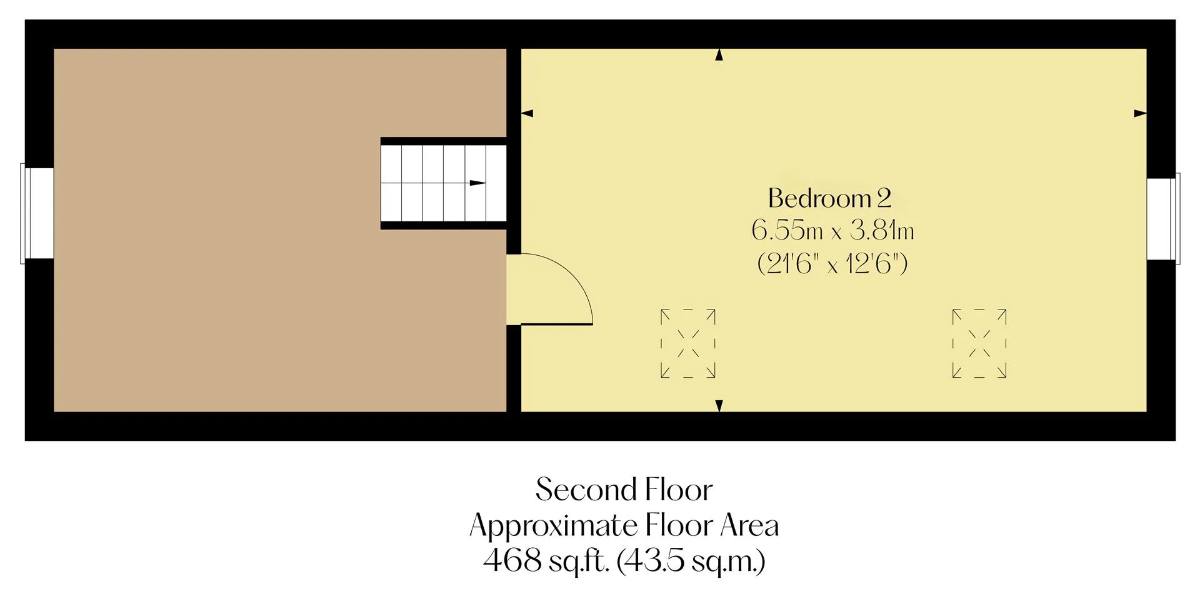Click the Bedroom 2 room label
tap(829, 198)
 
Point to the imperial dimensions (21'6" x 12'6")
tap(832, 264)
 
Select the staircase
tap(443, 183)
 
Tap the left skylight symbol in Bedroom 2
tap(687, 343)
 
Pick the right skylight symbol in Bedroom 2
tap(979, 343)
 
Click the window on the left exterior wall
tap(37, 213)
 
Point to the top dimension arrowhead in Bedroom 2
tap(719, 55)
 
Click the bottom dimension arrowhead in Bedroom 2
tap(719, 405)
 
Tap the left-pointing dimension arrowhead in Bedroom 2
tap(527, 113)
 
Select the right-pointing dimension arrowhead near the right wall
tap(1141, 113)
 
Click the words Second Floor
tap(624, 490)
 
